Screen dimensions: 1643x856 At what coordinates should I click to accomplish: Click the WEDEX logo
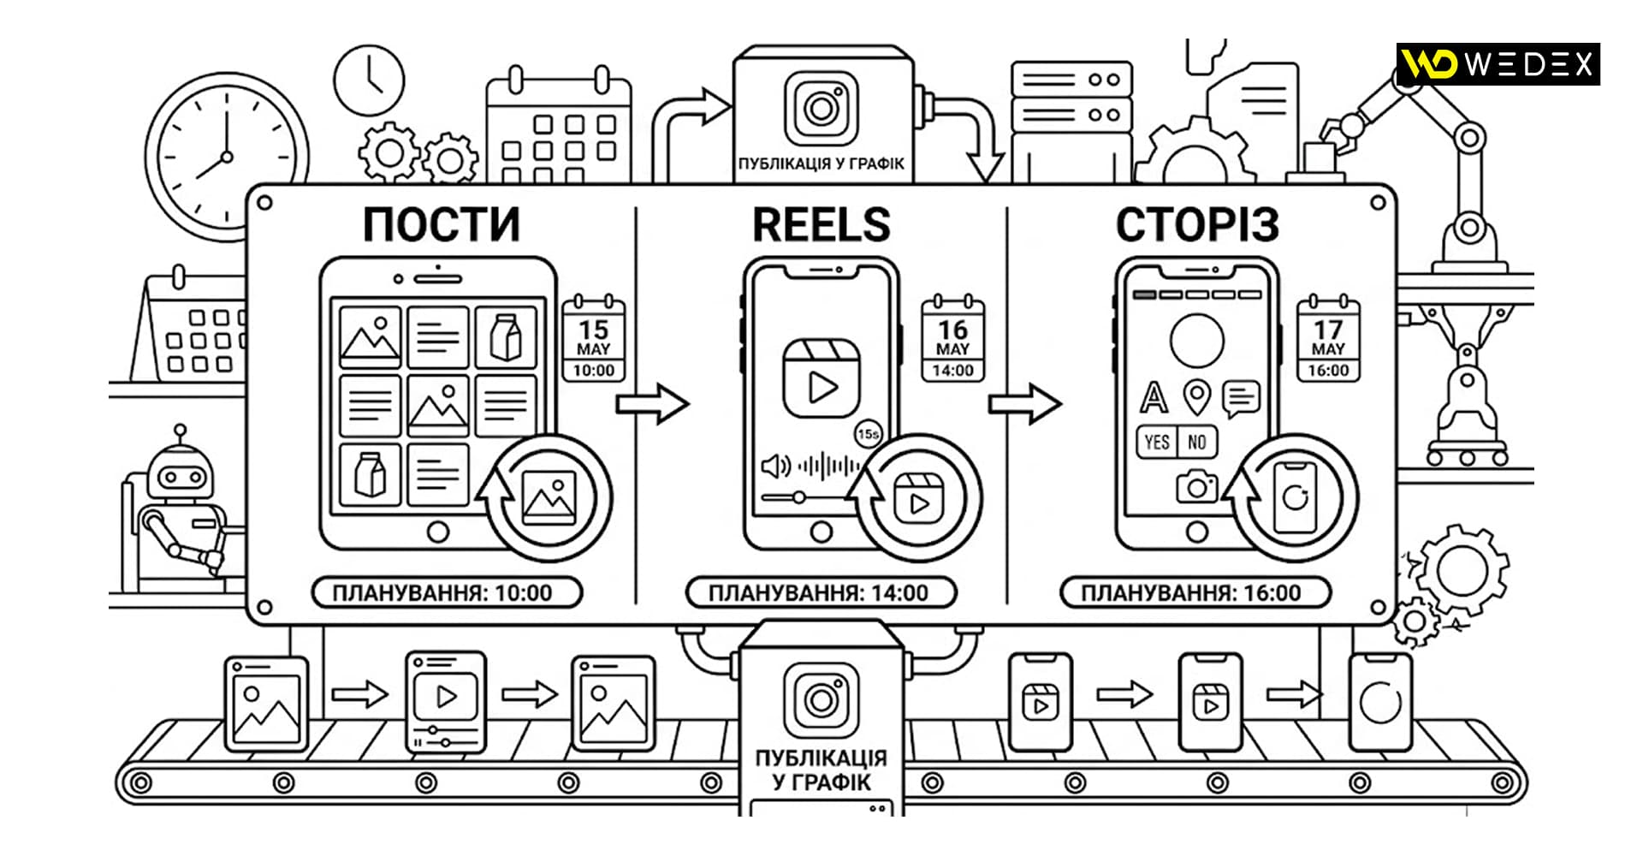[x=1498, y=64]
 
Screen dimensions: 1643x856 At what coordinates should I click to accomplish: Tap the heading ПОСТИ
[x=442, y=225]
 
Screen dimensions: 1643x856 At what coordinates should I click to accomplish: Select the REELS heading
[x=821, y=225]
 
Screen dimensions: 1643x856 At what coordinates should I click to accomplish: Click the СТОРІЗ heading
[x=1197, y=225]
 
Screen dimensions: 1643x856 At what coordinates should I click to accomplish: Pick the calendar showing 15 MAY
[x=594, y=338]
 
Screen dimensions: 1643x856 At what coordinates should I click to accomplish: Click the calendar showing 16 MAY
[x=952, y=338]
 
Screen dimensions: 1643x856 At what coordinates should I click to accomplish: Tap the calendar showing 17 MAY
[x=1328, y=338]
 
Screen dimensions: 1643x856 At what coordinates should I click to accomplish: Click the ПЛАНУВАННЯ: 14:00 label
[x=821, y=592]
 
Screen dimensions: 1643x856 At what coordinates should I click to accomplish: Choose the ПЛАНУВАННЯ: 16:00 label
[x=1195, y=592]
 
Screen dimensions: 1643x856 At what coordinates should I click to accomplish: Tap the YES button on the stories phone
[x=1156, y=442]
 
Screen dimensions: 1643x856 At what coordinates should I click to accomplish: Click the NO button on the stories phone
[x=1197, y=442]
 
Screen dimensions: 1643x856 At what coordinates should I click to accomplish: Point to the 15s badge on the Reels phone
[x=868, y=434]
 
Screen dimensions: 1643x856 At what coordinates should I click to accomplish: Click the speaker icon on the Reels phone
[x=775, y=467]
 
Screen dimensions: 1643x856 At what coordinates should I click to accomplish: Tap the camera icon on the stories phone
[x=1196, y=486]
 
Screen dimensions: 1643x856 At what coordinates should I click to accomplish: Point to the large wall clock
[x=226, y=157]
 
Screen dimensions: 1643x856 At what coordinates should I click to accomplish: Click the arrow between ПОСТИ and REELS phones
[x=652, y=403]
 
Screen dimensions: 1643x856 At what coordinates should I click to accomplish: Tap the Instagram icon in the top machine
[x=821, y=109]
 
